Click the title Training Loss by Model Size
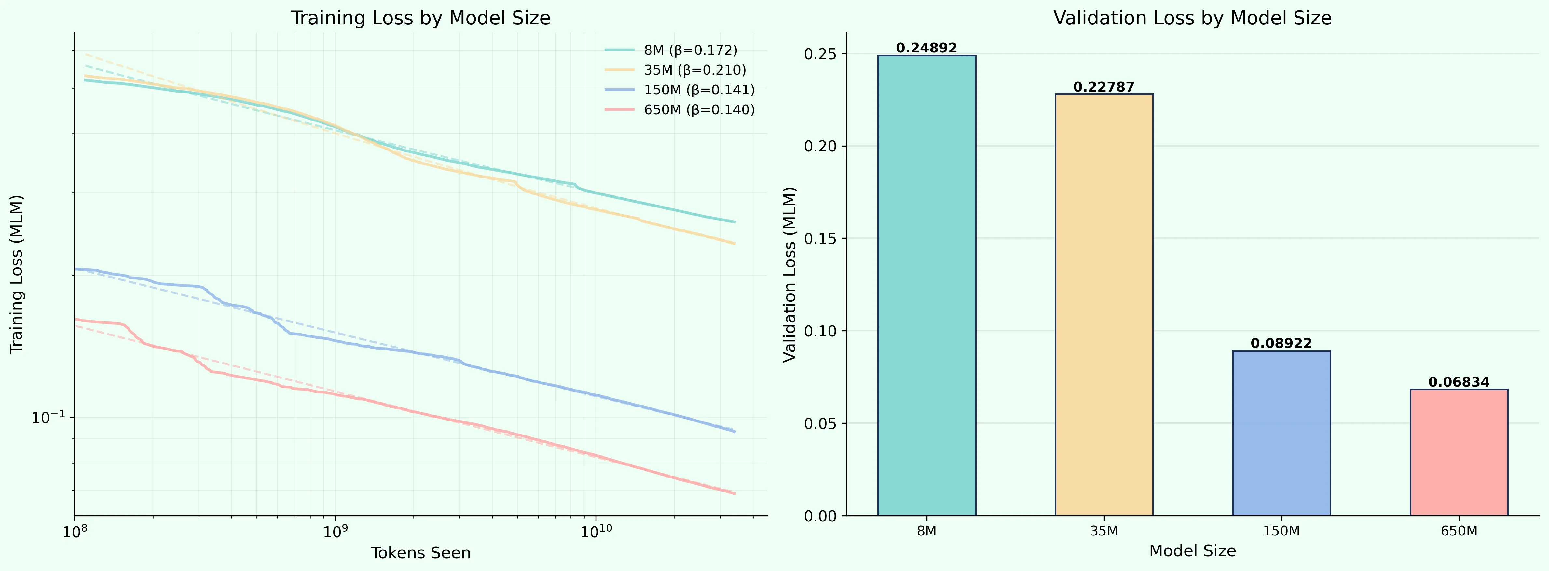(420, 18)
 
